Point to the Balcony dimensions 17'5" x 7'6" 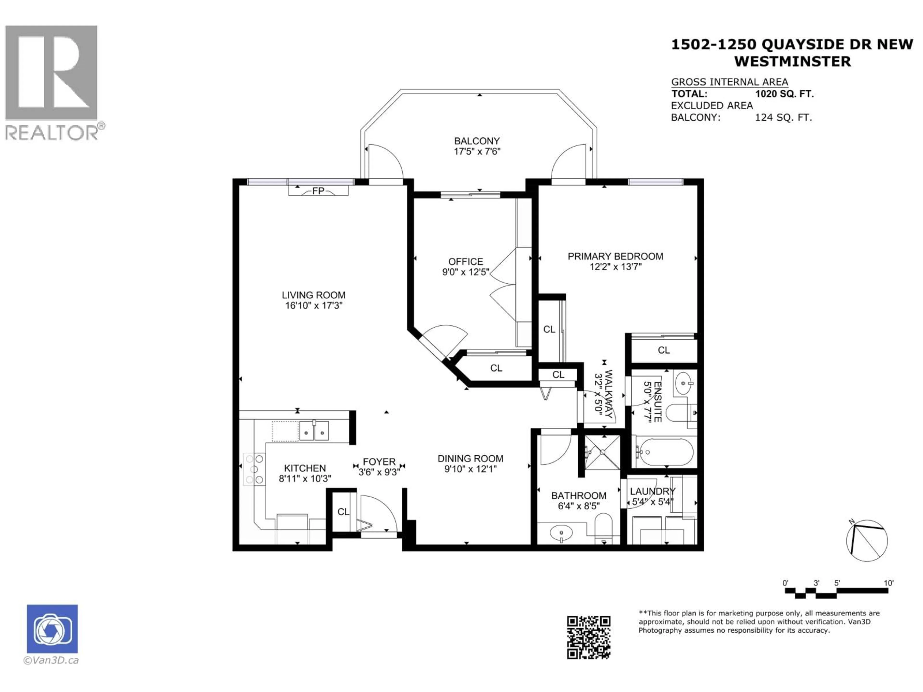tap(477, 151)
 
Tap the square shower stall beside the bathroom tap(602, 452)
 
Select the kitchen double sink tap(314, 431)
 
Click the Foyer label tap(379, 462)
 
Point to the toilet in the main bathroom tap(603, 527)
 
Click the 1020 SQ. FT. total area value tap(784, 94)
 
